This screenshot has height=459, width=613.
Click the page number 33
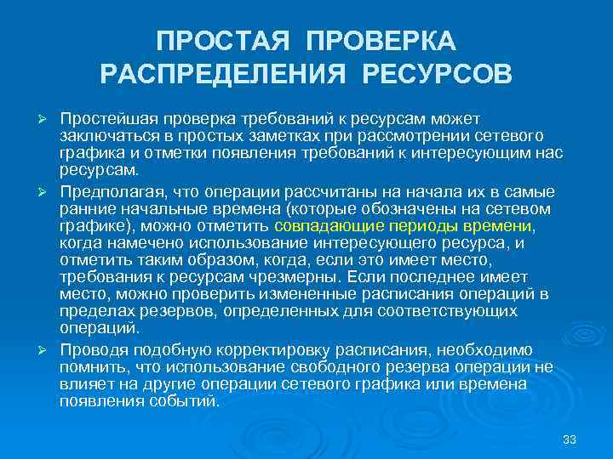570,439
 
